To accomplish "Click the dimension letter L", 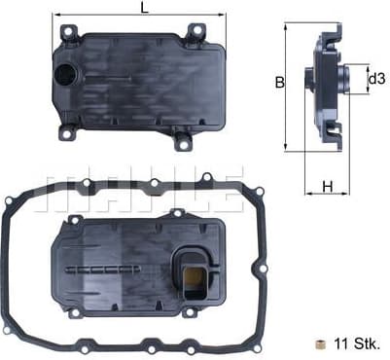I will pos(143,8).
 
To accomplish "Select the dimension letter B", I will pos(278,84).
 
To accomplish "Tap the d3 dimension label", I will pos(375,79).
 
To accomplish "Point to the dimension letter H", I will pos(328,187).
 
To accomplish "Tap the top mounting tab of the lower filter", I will pos(176,212).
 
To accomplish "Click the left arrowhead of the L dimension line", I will pos(53,16).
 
